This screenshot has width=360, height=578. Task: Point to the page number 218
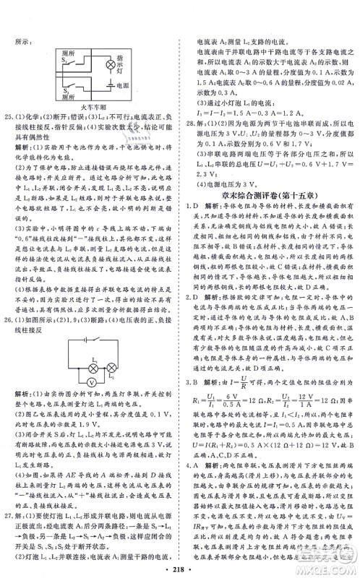(180, 561)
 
